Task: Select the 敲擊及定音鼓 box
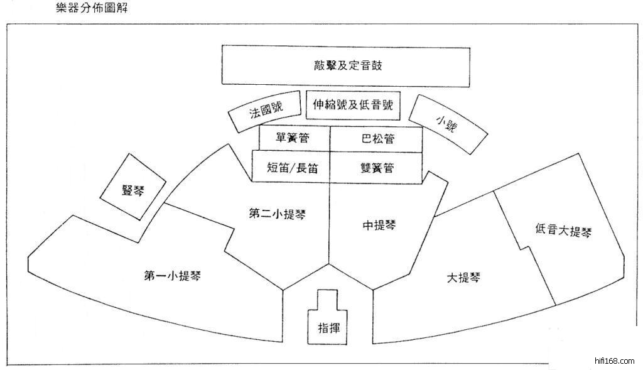(x=346, y=65)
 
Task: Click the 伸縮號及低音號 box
(x=352, y=106)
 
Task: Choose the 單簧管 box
(x=293, y=138)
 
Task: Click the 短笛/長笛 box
(x=291, y=168)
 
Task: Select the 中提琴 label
(x=379, y=224)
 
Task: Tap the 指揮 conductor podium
(x=329, y=327)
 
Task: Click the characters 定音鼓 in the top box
(x=361, y=65)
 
